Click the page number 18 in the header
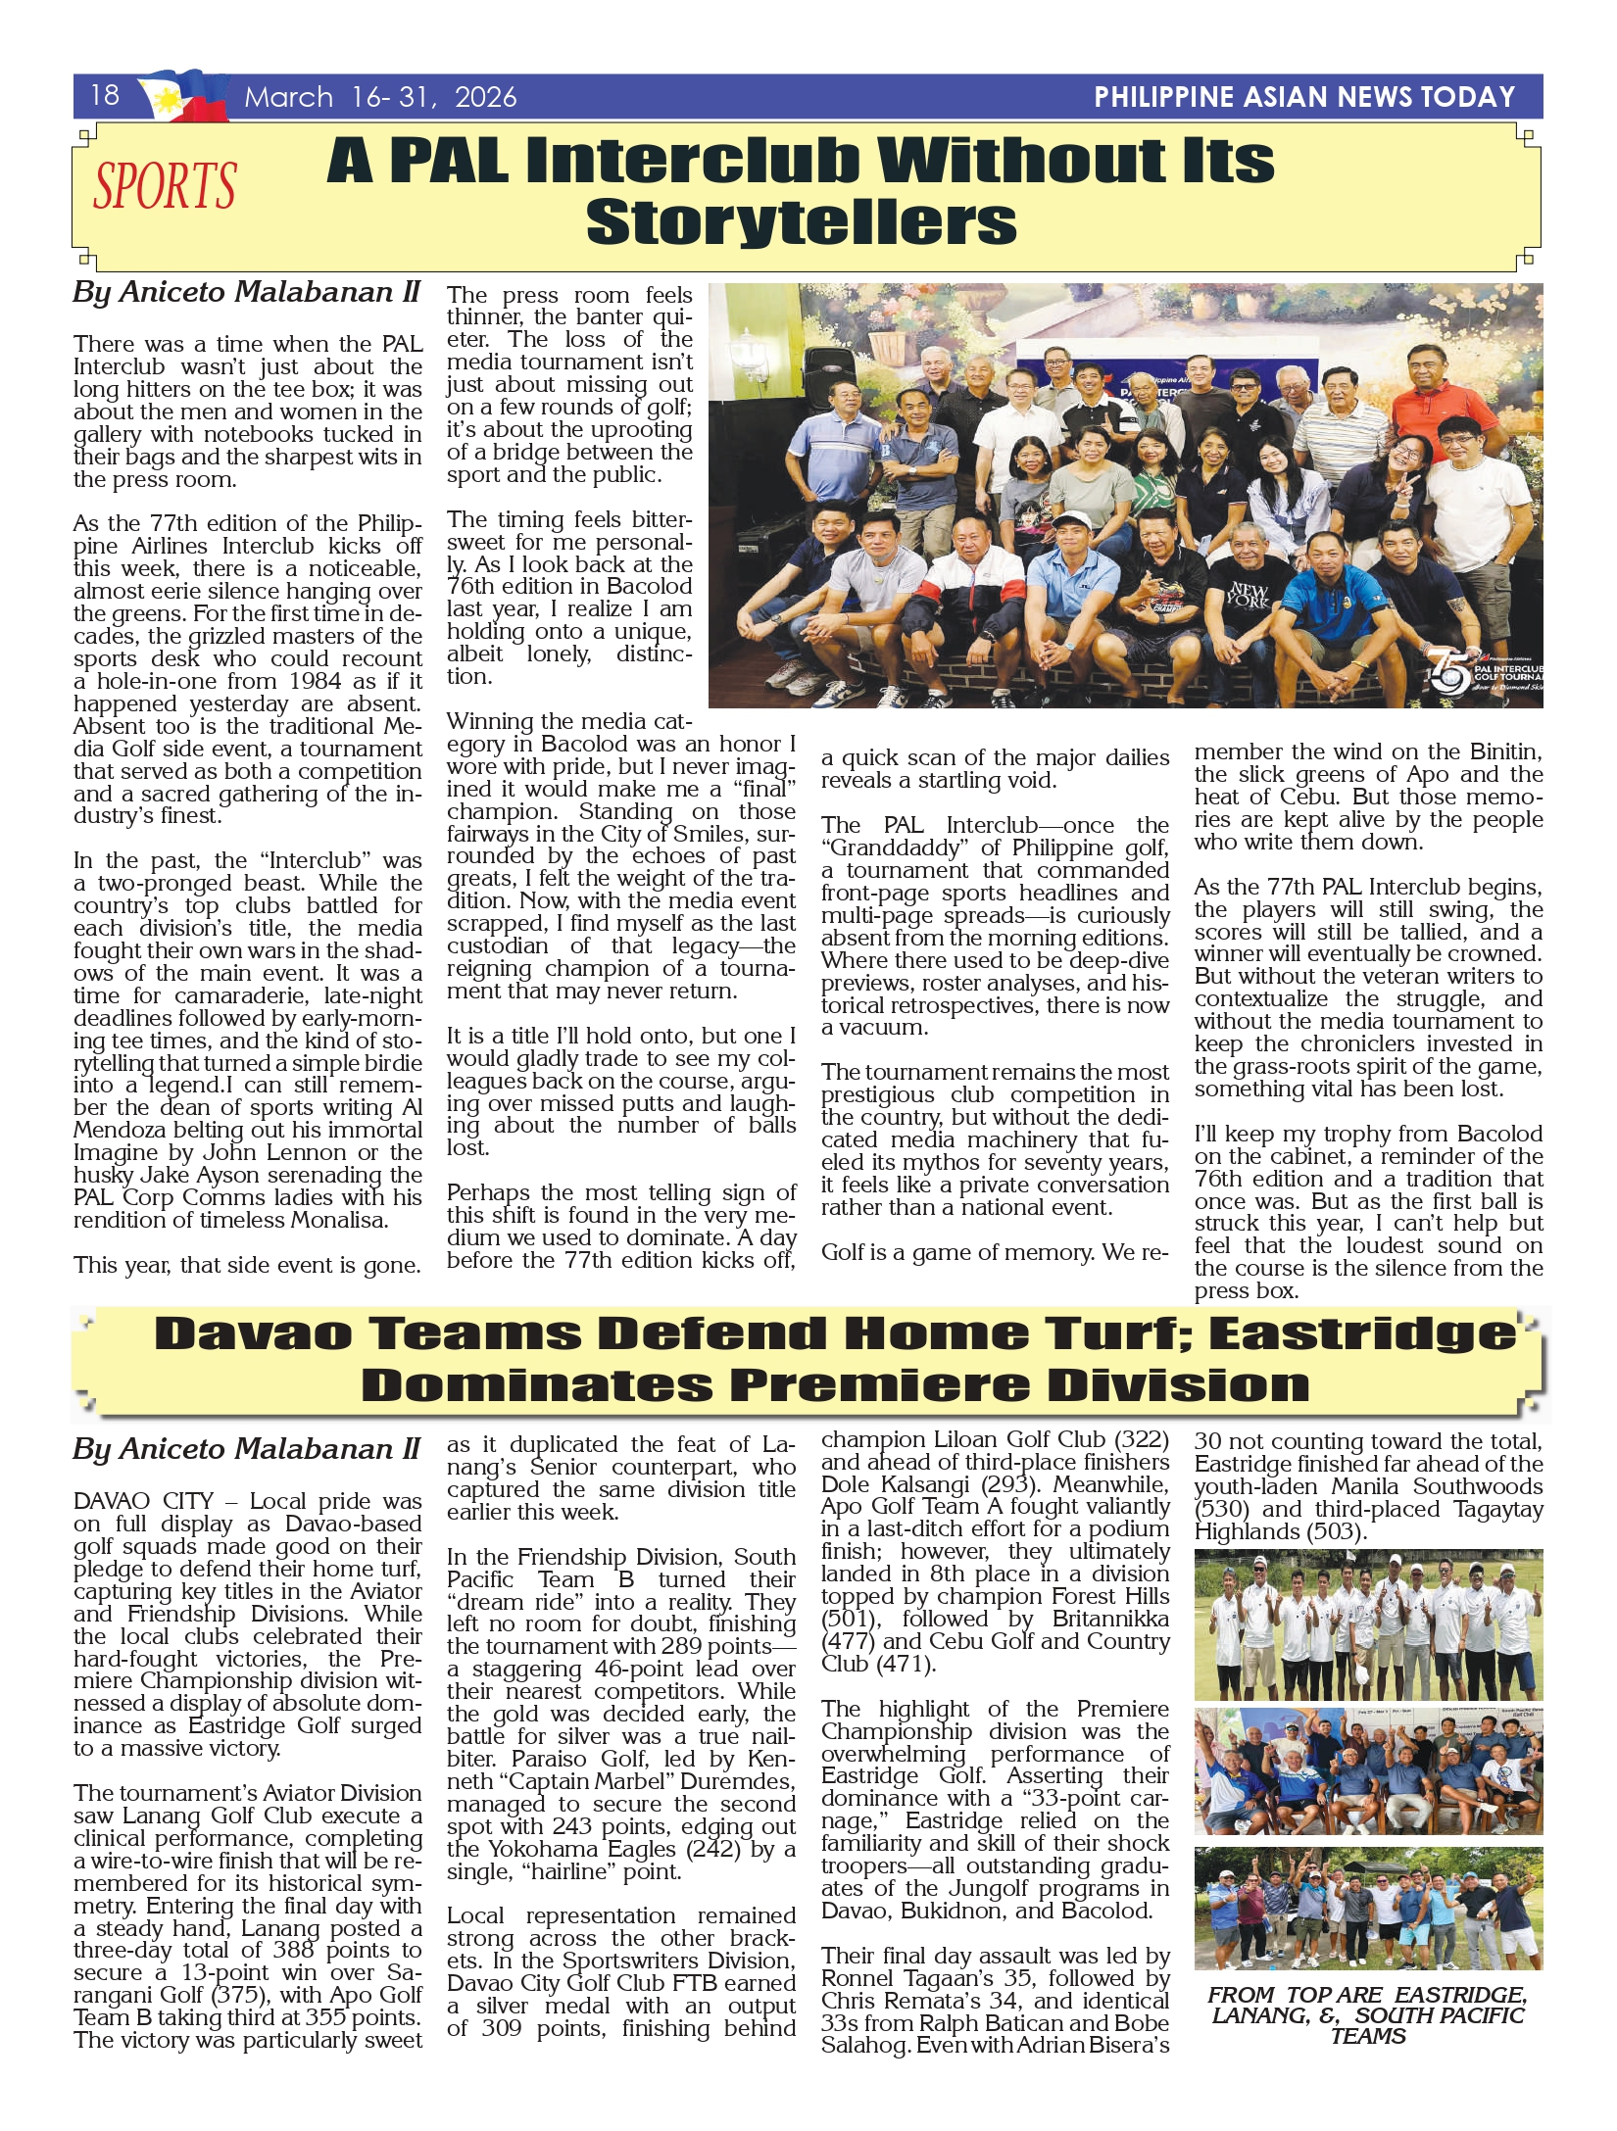[x=105, y=95]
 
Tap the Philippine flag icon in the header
[x=184, y=95]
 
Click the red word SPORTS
[x=165, y=186]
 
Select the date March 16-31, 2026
[x=380, y=97]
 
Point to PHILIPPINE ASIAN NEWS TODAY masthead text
[x=1304, y=97]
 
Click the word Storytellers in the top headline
[x=801, y=222]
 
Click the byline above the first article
[x=246, y=292]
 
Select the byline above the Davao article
[x=246, y=1449]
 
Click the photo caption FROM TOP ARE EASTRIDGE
[x=1367, y=2014]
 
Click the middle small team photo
[x=1368, y=1771]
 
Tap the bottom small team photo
[x=1368, y=1908]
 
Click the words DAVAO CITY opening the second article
[x=143, y=1502]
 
